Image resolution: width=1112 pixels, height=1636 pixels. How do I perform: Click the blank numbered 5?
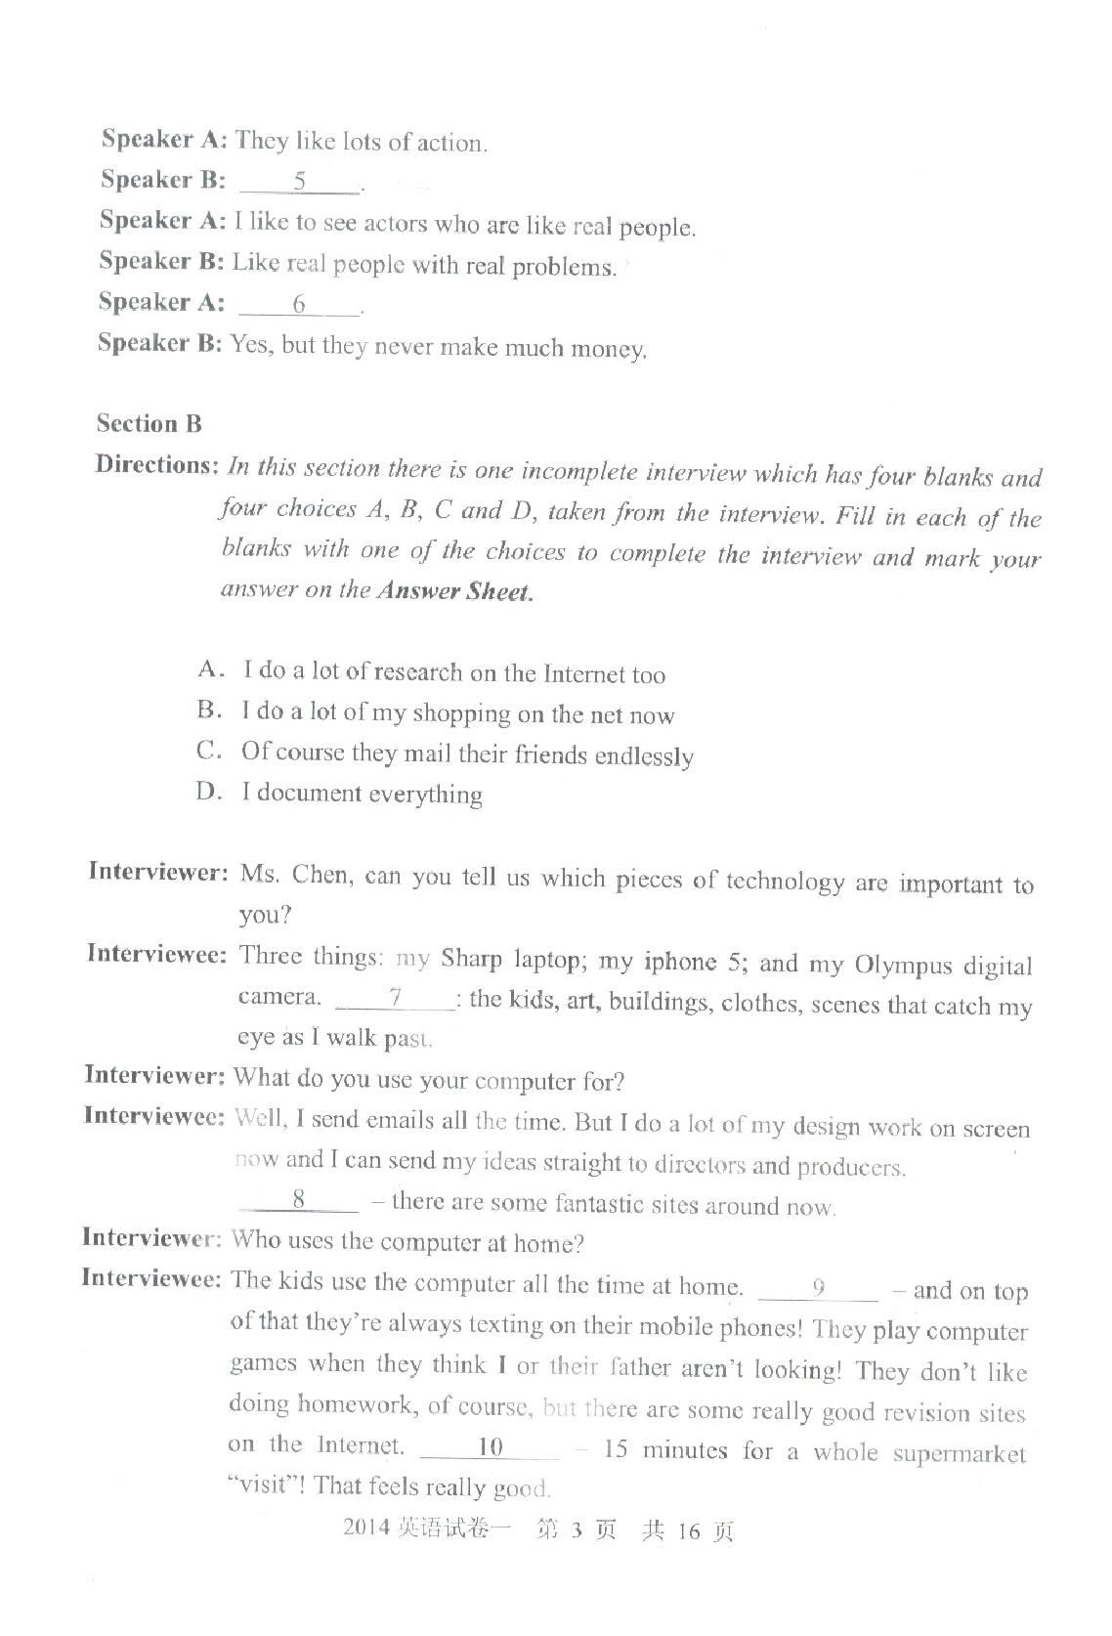pos(300,182)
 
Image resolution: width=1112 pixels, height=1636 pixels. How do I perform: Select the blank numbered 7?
pos(395,999)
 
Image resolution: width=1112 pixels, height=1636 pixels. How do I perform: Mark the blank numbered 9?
pos(819,1289)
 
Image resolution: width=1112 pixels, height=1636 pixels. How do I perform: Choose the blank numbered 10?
pos(490,1447)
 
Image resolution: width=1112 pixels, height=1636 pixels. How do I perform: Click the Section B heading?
pos(150,424)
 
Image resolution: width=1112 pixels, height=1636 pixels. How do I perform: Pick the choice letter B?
pos(208,710)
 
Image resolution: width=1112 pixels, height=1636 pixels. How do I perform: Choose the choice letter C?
pos(207,751)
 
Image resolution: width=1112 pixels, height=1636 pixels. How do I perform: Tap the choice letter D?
pos(208,792)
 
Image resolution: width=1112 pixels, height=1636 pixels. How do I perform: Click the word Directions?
pos(155,465)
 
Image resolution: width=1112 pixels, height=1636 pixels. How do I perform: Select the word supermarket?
pos(960,1454)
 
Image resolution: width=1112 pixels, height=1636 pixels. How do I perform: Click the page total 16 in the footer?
pos(689,1531)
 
